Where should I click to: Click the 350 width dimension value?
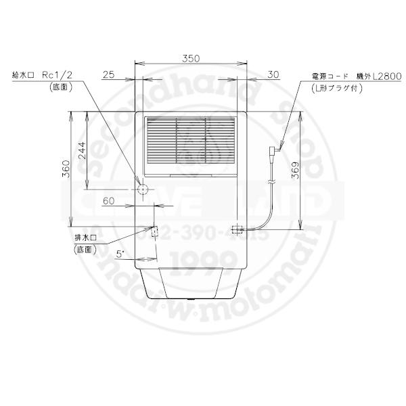coord(191,60)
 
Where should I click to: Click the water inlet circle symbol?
coord(143,189)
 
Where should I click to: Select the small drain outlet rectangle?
coord(154,232)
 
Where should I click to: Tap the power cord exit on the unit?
coord(237,229)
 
